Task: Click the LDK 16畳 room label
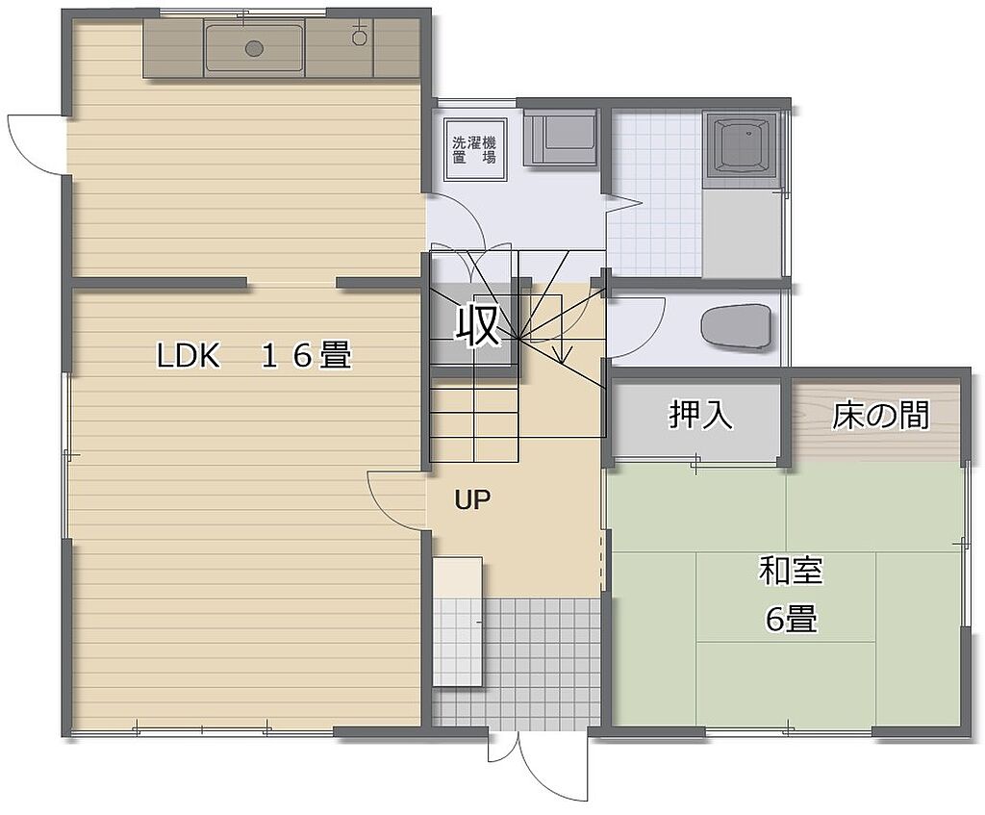pos(254,355)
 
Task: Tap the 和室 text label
pos(791,571)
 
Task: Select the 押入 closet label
pos(700,415)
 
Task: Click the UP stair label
pos(472,499)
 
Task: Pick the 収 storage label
pos(478,325)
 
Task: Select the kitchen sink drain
pos(254,47)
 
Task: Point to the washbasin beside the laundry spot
pos(560,138)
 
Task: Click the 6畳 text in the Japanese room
pos(792,620)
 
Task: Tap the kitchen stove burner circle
pos(360,38)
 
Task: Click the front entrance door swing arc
pos(553,770)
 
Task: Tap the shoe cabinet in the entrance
pos(458,622)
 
